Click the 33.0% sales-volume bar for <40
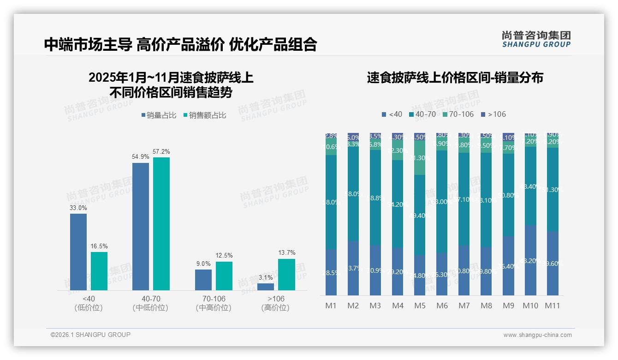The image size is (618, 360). [78, 252]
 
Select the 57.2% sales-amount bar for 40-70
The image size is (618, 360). [161, 224]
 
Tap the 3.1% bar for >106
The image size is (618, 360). [266, 287]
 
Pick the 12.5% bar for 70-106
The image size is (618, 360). [224, 276]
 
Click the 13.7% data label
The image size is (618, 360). [287, 253]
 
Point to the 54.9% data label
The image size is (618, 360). [141, 157]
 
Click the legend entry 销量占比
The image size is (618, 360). [158, 115]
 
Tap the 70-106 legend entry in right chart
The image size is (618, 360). [458, 114]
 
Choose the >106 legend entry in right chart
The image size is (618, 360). [493, 114]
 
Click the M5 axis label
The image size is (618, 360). [420, 306]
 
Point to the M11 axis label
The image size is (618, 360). [552, 306]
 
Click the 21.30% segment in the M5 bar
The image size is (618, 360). [420, 158]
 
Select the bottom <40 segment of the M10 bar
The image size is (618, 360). [530, 260]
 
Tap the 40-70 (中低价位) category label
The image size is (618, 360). [150, 303]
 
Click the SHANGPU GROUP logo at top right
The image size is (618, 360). [536, 39]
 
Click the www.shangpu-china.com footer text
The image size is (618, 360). [537, 335]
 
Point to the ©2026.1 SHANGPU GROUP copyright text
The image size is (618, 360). [90, 335]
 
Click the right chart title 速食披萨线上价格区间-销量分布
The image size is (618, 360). [455, 78]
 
